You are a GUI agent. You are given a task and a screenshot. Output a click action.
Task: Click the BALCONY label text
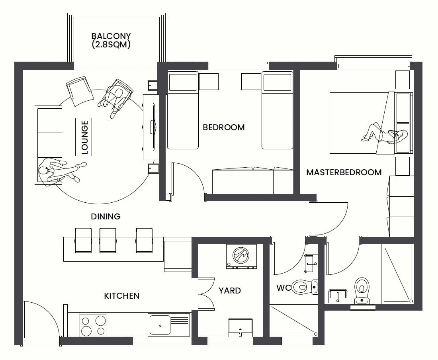coord(111,36)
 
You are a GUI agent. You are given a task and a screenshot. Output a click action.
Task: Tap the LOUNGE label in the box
coord(84,137)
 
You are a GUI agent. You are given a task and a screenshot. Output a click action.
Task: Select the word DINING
coord(106,217)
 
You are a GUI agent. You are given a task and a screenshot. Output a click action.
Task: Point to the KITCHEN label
coord(121,296)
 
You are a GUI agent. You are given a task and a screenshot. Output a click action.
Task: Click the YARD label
coord(230,290)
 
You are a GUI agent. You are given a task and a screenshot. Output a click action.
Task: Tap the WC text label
coord(283,288)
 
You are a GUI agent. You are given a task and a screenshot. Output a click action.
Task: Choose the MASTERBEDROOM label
coord(344,172)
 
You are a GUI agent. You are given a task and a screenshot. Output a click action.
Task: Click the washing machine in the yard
coord(241,257)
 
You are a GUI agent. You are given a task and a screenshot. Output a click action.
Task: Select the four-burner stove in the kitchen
coord(93,325)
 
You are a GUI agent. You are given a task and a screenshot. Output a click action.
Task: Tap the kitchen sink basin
coord(160,325)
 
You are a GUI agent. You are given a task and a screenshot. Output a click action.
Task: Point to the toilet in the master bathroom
coord(362,290)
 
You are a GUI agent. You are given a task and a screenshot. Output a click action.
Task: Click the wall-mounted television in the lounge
coord(153,127)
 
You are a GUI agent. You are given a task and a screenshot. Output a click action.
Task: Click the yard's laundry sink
coord(240,327)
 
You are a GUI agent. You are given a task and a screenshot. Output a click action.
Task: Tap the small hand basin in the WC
coord(311,263)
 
